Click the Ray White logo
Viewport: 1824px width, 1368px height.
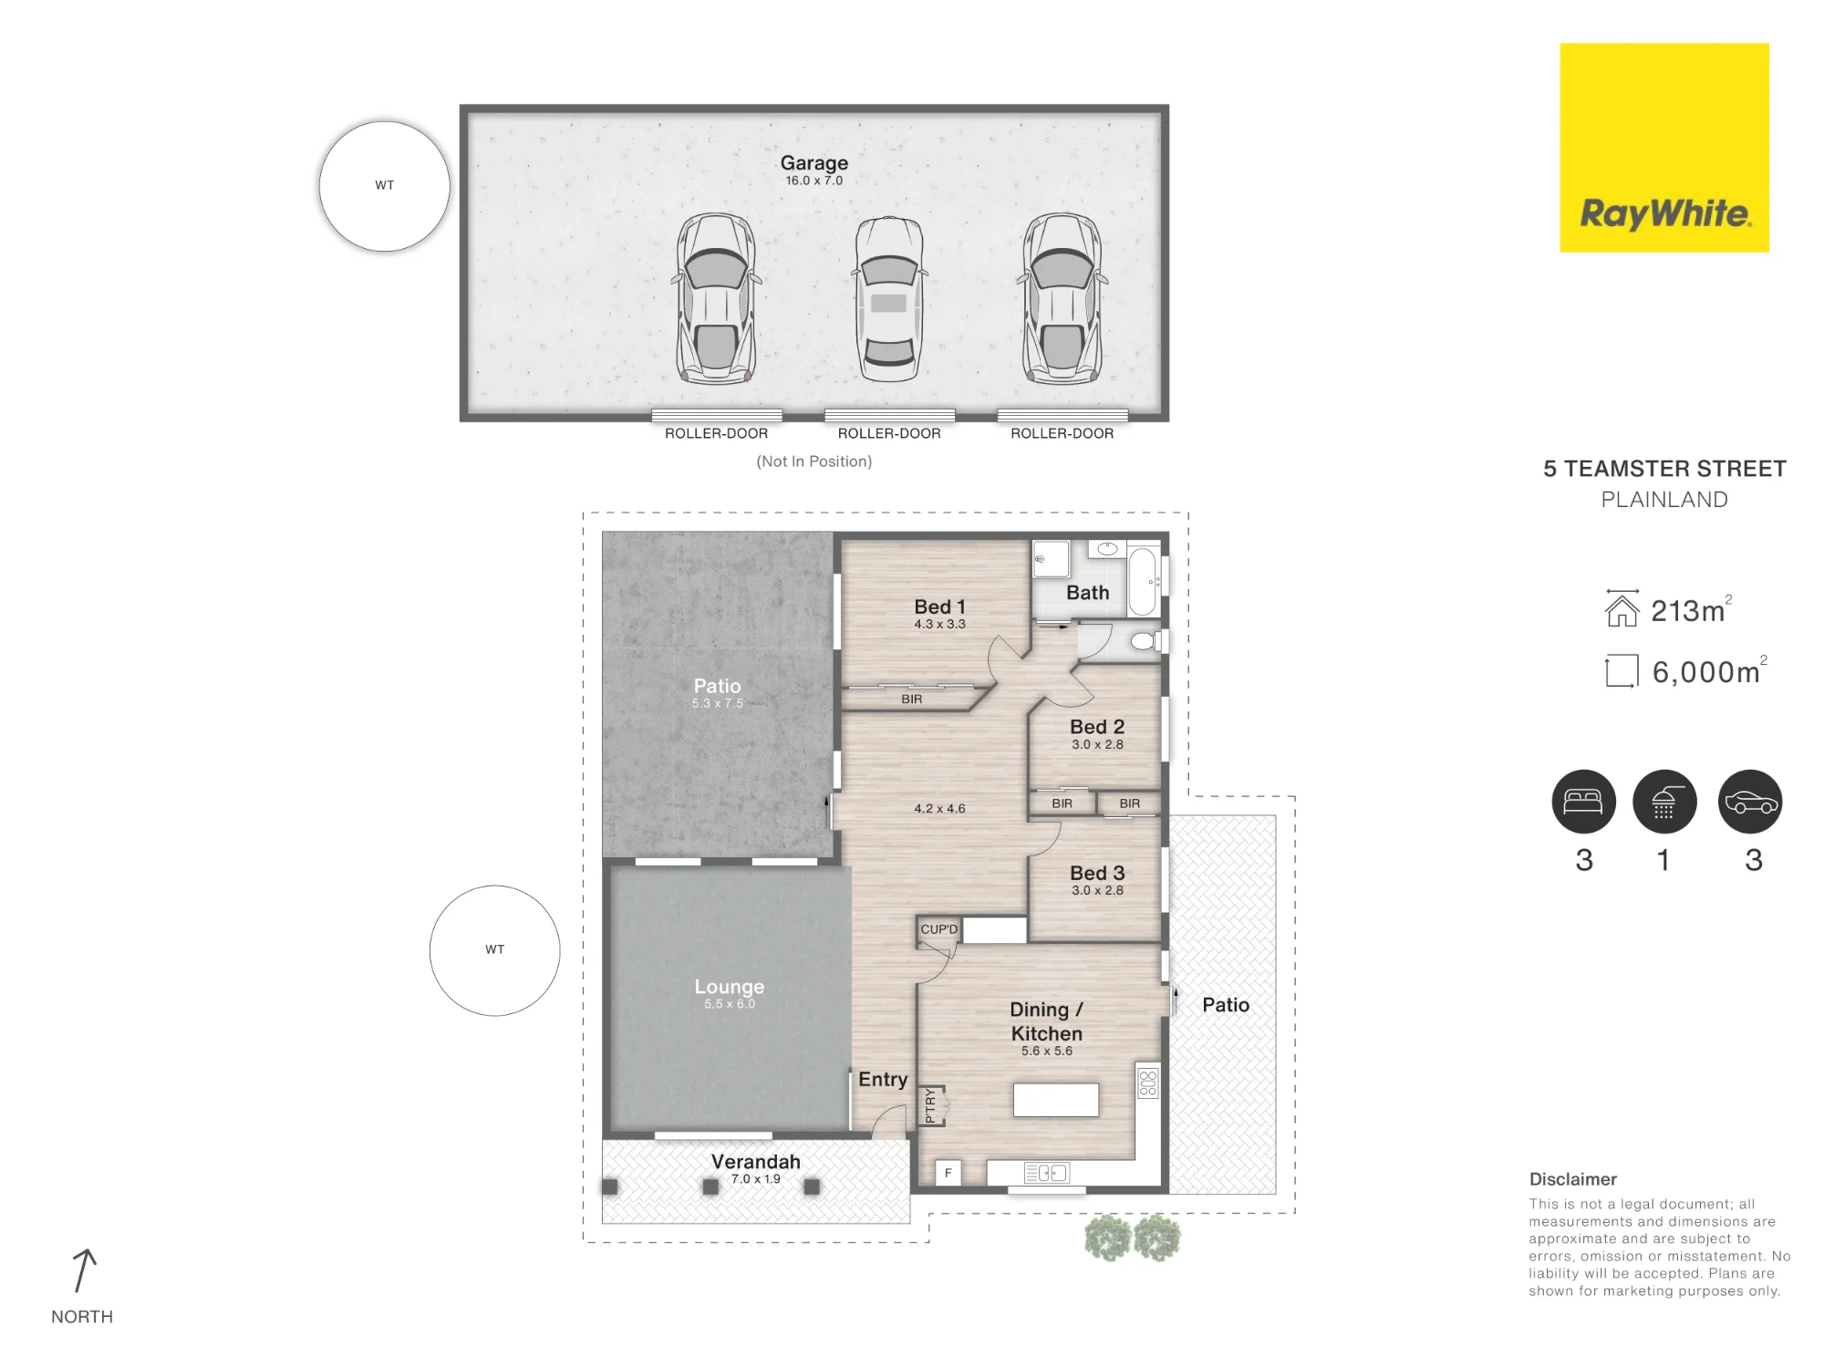(x=1664, y=148)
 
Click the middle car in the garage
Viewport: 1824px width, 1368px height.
(x=889, y=299)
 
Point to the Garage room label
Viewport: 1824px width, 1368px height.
(x=814, y=163)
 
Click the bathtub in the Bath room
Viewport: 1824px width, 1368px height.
(x=1143, y=581)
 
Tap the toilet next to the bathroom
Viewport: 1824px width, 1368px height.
(x=1145, y=642)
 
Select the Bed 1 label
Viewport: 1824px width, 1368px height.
(x=939, y=607)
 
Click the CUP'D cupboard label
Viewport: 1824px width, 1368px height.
(x=939, y=929)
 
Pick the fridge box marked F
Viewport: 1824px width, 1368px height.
(x=948, y=1173)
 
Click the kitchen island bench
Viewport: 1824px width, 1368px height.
(x=1056, y=1100)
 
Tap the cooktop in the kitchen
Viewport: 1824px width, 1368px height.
(x=1148, y=1083)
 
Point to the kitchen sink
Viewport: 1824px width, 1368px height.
(x=1047, y=1173)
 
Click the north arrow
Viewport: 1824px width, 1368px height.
(x=83, y=1270)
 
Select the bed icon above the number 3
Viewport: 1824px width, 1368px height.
(x=1584, y=802)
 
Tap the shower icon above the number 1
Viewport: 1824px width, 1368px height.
(x=1664, y=802)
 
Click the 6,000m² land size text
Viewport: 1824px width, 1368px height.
(x=1709, y=671)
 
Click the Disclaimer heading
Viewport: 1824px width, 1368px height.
(x=1573, y=1179)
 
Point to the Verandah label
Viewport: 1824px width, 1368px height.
(x=756, y=1162)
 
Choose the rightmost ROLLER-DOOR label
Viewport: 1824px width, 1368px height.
(x=1062, y=434)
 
